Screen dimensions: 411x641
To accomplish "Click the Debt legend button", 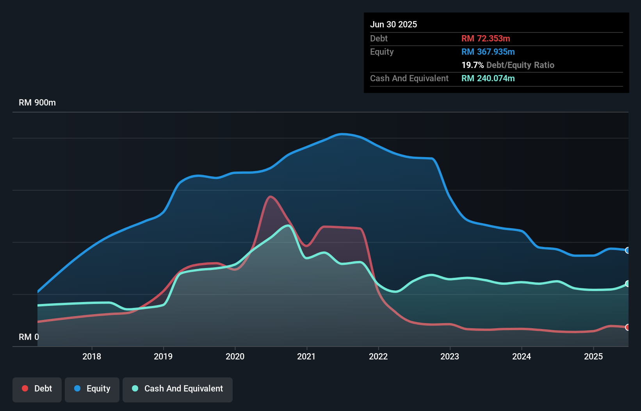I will [37, 389].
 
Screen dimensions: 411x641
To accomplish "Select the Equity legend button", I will [92, 389].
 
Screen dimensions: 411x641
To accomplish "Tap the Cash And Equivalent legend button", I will [177, 389].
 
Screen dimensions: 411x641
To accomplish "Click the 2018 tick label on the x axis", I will [92, 356].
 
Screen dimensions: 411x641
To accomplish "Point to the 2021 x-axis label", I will [306, 356].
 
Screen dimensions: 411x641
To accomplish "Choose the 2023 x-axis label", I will [450, 356].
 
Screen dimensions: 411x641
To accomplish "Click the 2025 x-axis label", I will [593, 356].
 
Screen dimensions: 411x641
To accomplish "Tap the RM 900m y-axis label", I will [37, 103].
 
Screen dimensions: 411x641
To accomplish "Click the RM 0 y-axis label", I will [28, 337].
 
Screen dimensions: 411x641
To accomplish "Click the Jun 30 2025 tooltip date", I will [394, 25].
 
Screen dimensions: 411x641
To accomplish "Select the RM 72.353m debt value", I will [486, 39].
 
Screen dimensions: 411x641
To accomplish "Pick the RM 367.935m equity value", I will [488, 52].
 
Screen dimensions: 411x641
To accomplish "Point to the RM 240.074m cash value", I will [488, 79].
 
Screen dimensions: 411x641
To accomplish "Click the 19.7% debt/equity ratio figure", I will [472, 65].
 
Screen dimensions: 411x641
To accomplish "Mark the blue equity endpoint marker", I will [627, 250].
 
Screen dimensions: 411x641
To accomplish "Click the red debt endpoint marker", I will [627, 327].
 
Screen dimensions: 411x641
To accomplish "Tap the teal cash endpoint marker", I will [627, 284].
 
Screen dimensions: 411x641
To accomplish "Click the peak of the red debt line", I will [270, 197].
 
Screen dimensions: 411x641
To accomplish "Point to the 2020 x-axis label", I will [235, 356].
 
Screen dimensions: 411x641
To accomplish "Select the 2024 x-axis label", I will [522, 356].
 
